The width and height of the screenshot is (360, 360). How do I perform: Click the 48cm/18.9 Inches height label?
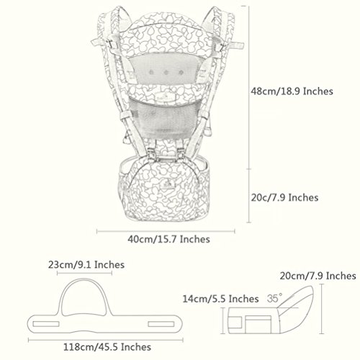(x=292, y=91)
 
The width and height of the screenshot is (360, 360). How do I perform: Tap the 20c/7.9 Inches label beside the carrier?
(x=284, y=198)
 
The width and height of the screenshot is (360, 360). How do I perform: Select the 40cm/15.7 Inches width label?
(x=168, y=239)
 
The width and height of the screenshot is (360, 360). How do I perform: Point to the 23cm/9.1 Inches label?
(x=86, y=265)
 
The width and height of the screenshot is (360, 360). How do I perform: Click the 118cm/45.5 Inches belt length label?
(x=107, y=347)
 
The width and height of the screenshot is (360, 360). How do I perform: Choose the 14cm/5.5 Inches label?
(x=221, y=299)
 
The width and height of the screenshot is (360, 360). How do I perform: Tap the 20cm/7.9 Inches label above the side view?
(x=318, y=276)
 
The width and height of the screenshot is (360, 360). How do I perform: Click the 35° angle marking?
(x=274, y=298)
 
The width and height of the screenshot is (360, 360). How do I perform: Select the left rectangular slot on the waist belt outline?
(x=46, y=324)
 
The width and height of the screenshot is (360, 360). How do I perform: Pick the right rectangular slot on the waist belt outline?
(x=161, y=324)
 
